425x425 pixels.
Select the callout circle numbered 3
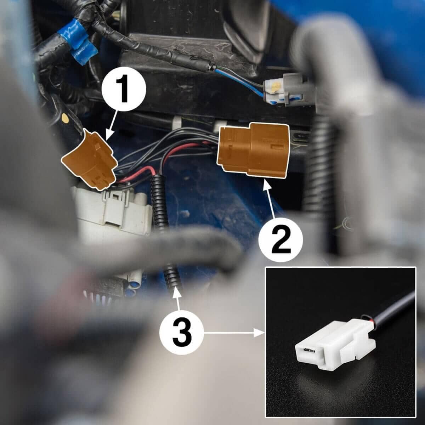(x=181, y=333)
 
